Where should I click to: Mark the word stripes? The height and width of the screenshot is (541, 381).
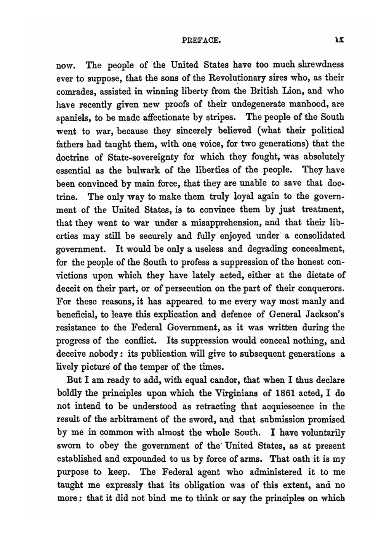pos(221,118)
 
